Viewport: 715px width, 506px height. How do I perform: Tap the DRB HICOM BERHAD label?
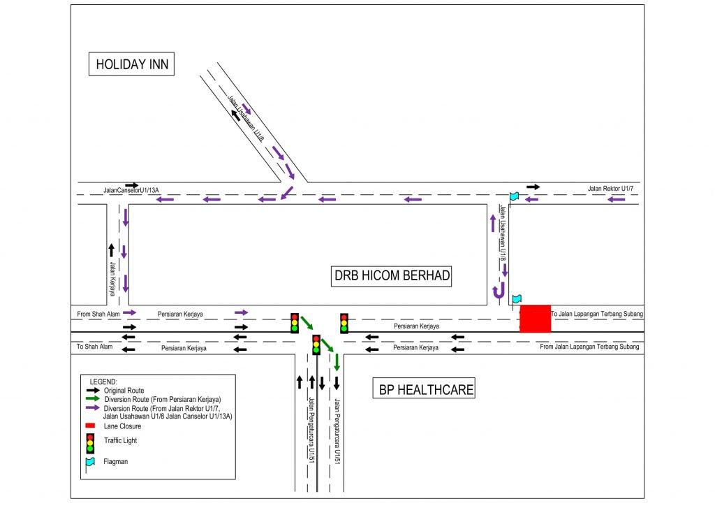pyautogui.click(x=392, y=275)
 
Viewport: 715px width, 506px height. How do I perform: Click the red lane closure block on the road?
pyautogui.click(x=535, y=319)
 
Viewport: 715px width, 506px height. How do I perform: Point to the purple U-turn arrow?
pyautogui.click(x=498, y=292)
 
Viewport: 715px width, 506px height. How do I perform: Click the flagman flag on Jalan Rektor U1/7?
pyautogui.click(x=514, y=196)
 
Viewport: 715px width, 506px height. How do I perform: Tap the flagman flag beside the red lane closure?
pyautogui.click(x=516, y=299)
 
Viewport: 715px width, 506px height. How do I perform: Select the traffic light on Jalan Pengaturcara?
pyautogui.click(x=316, y=345)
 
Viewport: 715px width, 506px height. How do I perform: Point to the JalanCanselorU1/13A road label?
pyautogui.click(x=131, y=190)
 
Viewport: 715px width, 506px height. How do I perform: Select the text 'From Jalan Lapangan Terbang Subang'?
pyautogui.click(x=589, y=347)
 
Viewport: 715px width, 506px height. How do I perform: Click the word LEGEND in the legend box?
pyautogui.click(x=104, y=382)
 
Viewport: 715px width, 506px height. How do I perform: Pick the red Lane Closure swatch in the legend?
pyautogui.click(x=89, y=426)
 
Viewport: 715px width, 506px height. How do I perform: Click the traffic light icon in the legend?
pyautogui.click(x=89, y=442)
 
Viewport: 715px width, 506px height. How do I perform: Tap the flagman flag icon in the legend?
pyautogui.click(x=90, y=463)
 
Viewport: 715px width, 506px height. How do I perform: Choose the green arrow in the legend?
pyautogui.click(x=92, y=398)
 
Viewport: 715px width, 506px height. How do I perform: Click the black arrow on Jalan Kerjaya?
pyautogui.click(x=110, y=250)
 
